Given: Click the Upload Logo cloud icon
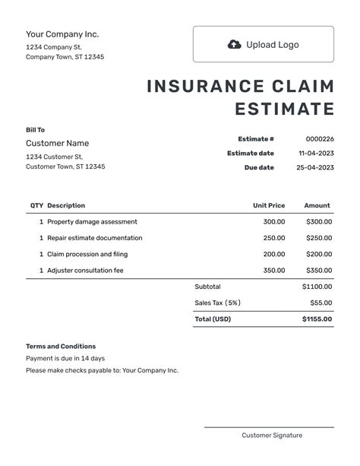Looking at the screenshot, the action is coord(235,44).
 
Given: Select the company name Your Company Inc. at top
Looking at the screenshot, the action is coord(62,33).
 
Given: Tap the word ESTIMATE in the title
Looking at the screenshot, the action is coord(284,109).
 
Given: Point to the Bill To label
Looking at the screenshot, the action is coord(36,130).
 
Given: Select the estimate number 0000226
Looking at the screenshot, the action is coord(319,139).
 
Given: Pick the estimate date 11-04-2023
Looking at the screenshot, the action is coord(316,153).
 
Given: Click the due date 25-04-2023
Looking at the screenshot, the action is coord(315,167).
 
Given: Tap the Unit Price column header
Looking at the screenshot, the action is coord(269,205).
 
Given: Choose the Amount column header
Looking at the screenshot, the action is coord(317,205).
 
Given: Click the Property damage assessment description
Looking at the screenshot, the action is coord(92,222).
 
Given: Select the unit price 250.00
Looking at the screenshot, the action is coord(274,238).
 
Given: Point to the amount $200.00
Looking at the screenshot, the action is coord(319,254).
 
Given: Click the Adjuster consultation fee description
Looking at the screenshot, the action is coord(85,270).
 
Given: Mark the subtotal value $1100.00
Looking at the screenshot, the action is coord(317,287).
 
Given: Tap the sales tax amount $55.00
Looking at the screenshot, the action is coord(321,303).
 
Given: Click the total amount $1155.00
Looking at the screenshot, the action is coord(317,319).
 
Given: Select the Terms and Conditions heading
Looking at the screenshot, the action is coord(61,346).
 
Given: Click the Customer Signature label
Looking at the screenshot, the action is coord(272,435).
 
